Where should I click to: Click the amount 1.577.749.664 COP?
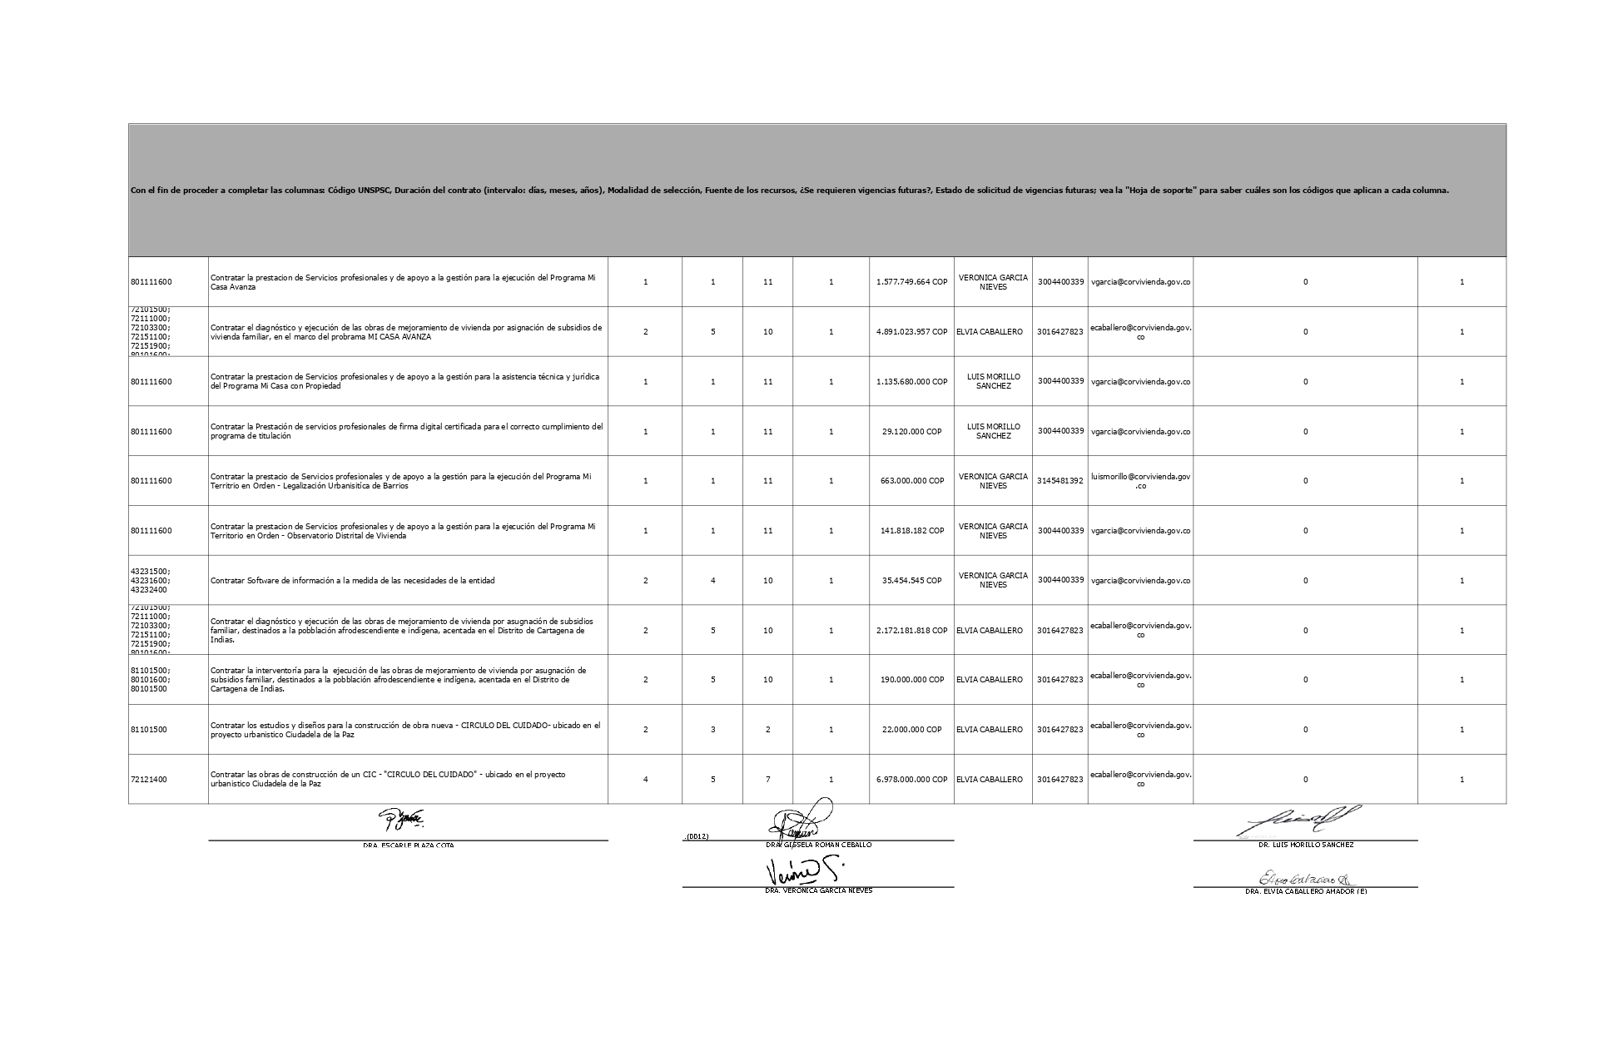911,282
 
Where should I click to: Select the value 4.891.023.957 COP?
911,332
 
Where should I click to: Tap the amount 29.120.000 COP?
911,432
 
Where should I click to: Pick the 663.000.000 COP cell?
911,481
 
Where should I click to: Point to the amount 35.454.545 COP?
911,581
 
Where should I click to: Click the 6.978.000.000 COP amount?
911,780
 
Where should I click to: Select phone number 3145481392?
1060,481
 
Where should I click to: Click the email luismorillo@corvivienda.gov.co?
1140,481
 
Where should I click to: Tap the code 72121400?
149,780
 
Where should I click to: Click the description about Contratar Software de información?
353,581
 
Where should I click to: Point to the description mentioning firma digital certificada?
407,432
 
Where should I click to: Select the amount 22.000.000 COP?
911,730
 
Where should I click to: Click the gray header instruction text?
790,191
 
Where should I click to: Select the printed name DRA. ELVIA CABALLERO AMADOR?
1305,891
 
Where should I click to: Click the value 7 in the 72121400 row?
767,780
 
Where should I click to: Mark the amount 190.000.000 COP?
911,680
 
